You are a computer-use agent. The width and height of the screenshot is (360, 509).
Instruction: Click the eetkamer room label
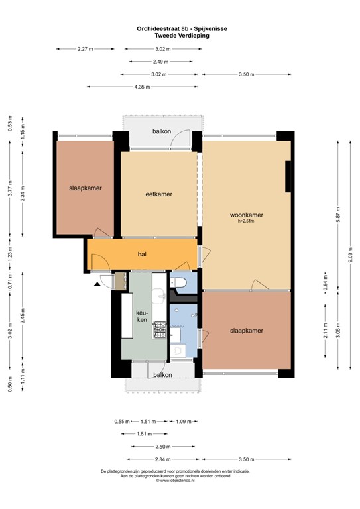[158, 194]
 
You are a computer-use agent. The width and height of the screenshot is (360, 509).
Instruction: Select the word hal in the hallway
[142, 254]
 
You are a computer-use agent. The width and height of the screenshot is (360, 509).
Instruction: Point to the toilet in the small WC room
[178, 284]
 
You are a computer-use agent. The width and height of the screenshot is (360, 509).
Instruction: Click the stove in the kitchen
[159, 328]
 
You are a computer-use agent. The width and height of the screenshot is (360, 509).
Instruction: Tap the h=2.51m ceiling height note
[247, 221]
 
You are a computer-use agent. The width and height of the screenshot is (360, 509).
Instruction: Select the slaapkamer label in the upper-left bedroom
[86, 188]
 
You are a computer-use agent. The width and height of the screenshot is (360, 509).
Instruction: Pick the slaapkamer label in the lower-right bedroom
[247, 330]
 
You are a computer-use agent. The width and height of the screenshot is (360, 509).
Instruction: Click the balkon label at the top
[162, 131]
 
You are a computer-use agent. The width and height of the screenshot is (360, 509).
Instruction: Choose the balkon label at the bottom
[162, 374]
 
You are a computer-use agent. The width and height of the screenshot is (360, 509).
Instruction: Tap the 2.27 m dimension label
[86, 49]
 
